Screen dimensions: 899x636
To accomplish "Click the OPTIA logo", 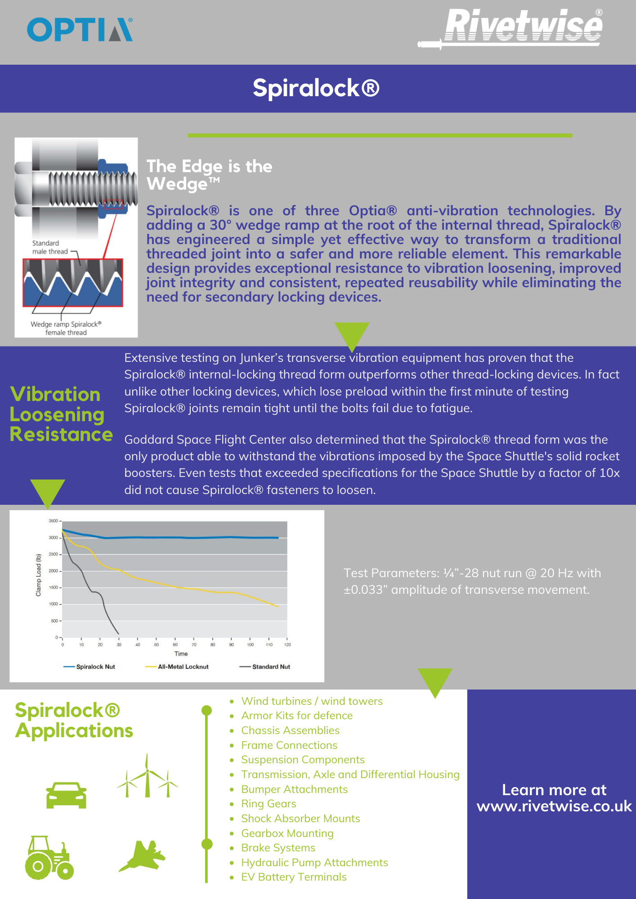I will (80, 30).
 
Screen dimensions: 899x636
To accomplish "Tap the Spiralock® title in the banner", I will (316, 88).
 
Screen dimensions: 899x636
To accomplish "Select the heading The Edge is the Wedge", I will (210, 175).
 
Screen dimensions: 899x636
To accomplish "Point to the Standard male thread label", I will (49, 247).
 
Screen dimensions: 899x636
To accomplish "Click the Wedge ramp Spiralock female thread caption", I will (66, 328).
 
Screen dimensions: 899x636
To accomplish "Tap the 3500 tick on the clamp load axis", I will (54, 521).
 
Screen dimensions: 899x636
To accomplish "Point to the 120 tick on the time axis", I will (287, 645).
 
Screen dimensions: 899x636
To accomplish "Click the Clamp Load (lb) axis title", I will (39, 575).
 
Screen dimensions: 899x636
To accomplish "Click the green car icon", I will (66, 796).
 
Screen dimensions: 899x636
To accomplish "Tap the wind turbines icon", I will (148, 777).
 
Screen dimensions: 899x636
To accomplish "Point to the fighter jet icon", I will (143, 856).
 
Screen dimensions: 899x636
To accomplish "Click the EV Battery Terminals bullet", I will (294, 877).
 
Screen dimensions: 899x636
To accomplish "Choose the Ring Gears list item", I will (269, 804).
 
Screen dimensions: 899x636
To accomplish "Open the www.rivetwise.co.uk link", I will (554, 806).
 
